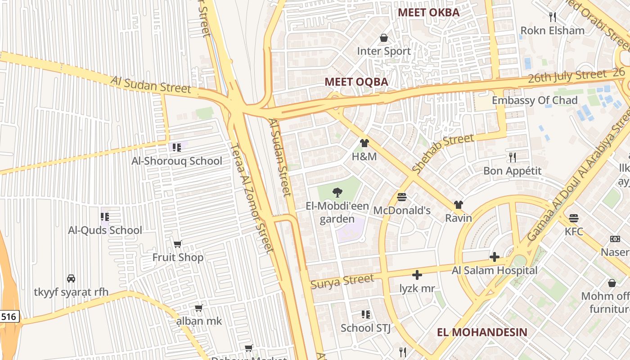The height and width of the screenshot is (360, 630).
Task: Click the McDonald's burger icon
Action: coord(402,197)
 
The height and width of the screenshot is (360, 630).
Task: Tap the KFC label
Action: coord(574,232)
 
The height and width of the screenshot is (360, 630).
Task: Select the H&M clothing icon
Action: coord(364,143)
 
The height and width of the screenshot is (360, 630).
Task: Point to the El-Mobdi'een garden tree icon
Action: coord(337,193)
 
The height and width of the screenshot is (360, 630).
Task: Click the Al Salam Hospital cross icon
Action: coord(494,257)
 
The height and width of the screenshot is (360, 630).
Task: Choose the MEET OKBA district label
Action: coord(429,13)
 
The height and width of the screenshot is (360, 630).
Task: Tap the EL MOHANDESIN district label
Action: coord(482,332)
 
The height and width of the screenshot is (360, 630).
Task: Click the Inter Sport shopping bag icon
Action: coord(384,38)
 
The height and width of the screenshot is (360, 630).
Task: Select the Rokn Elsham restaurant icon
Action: coord(553,17)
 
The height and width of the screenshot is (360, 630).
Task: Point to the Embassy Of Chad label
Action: coord(534,100)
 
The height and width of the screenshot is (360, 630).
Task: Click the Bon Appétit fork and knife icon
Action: coord(512,157)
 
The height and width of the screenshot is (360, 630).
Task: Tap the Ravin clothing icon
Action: coord(458,205)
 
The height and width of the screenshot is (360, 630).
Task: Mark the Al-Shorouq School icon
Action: coord(176,147)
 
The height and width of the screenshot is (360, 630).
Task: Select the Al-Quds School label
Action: coord(105,230)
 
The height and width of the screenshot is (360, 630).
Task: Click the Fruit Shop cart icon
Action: coord(177,244)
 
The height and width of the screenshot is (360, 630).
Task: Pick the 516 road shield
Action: coord(9,317)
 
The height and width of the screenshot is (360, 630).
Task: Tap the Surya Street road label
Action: coord(342,281)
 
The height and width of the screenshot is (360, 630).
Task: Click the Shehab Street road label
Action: coord(443,153)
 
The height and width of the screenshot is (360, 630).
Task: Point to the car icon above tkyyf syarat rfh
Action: coord(71,278)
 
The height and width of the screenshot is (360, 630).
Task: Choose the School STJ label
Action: coord(365,328)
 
